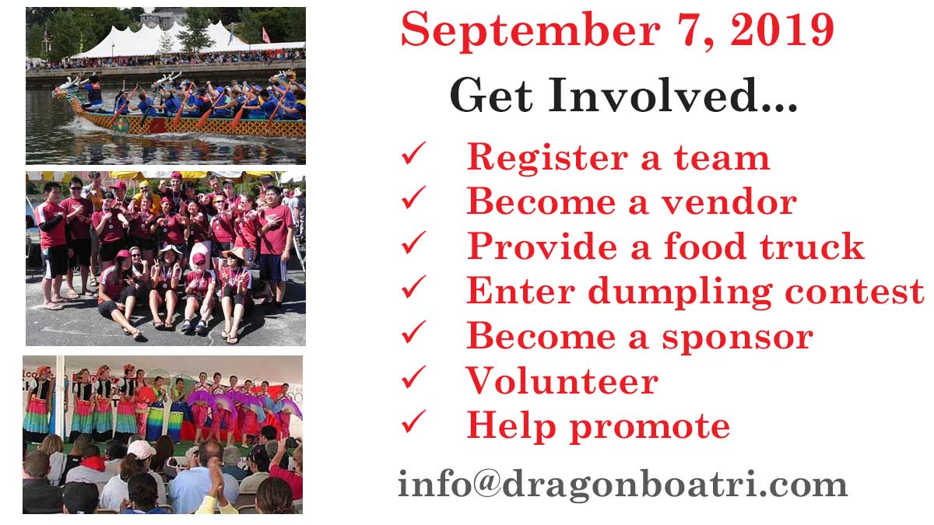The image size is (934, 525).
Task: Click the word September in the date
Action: [530, 31]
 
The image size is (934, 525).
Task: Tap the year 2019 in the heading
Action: [782, 30]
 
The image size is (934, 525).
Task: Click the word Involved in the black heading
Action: [672, 96]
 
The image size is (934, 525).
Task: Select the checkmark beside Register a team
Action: [413, 153]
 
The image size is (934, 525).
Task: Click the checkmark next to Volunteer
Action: [413, 377]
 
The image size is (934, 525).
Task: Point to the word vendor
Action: [729, 201]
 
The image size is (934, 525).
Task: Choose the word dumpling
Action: [680, 292]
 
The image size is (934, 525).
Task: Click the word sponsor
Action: [738, 338]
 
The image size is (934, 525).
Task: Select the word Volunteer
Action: [562, 380]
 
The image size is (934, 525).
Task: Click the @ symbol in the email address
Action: [486, 482]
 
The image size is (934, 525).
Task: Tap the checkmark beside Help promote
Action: [413, 422]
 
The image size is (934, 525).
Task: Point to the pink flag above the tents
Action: [265, 35]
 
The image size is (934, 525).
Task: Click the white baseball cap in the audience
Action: [141, 450]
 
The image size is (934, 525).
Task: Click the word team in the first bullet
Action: [722, 157]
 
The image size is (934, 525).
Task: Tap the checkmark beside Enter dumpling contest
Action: [413, 288]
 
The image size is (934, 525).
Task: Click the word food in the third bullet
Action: [704, 246]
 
